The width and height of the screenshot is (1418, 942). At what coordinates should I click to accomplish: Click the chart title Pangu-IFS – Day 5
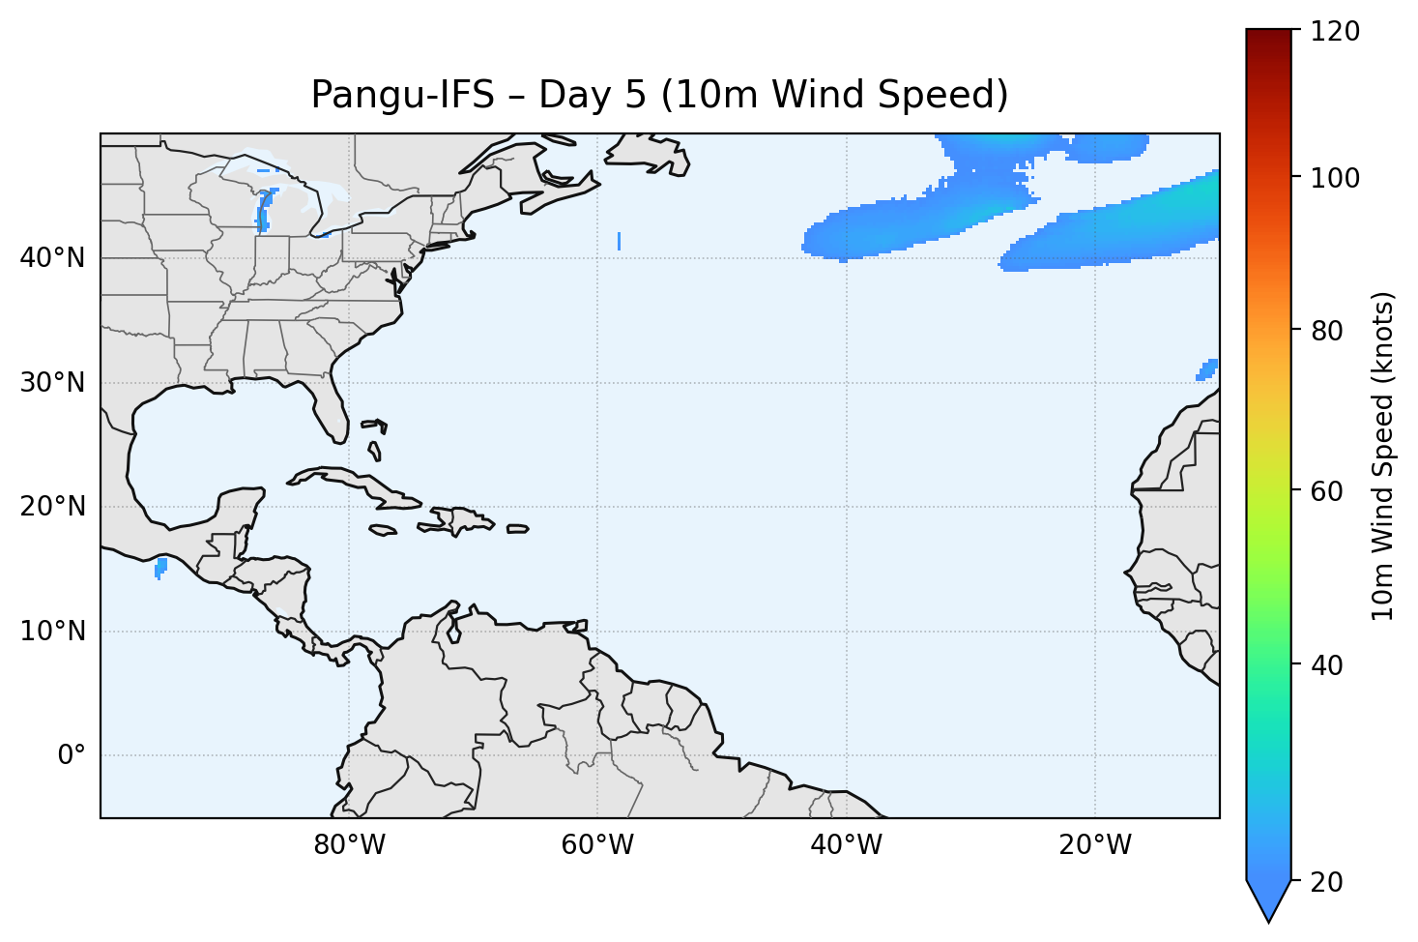tap(659, 95)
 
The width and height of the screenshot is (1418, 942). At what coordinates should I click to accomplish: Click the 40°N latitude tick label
tap(52, 258)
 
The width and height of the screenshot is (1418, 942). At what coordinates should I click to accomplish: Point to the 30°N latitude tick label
tap(52, 383)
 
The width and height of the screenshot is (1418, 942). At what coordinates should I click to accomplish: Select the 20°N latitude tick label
tap(52, 507)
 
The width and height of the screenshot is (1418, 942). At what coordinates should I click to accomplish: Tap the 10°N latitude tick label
tap(52, 632)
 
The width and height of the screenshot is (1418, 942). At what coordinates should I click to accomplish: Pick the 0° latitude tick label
tap(72, 755)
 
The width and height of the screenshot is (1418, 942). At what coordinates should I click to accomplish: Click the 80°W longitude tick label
tap(349, 845)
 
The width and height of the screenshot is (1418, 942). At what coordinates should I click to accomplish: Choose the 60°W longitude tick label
tap(597, 845)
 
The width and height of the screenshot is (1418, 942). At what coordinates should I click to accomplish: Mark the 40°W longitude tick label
tap(847, 845)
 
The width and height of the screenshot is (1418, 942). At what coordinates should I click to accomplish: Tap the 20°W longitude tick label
tap(1095, 845)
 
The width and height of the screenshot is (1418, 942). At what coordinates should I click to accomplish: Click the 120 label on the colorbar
tap(1336, 32)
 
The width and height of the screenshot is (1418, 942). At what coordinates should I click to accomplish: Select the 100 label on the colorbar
tap(1336, 178)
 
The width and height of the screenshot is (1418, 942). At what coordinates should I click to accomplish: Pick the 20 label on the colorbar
tap(1329, 882)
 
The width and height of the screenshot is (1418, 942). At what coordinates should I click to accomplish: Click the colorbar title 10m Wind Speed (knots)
tap(1383, 456)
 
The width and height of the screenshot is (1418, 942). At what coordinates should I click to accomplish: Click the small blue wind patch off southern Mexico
tap(160, 567)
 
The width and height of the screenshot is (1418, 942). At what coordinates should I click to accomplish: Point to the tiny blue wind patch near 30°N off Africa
tap(1208, 368)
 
